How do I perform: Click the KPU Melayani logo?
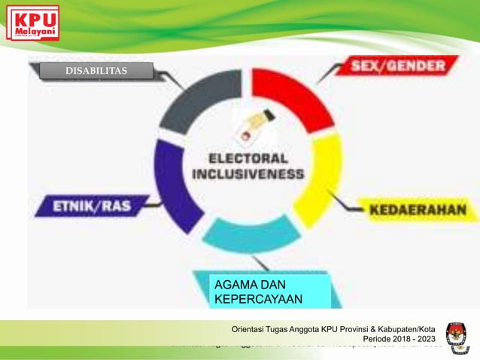tap(32, 23)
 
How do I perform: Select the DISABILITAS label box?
tap(96, 72)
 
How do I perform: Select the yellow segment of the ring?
tap(321, 177)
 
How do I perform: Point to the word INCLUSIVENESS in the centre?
tap(248, 174)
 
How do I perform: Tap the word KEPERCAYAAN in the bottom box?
tap(258, 299)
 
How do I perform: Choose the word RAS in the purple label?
tap(121, 205)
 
